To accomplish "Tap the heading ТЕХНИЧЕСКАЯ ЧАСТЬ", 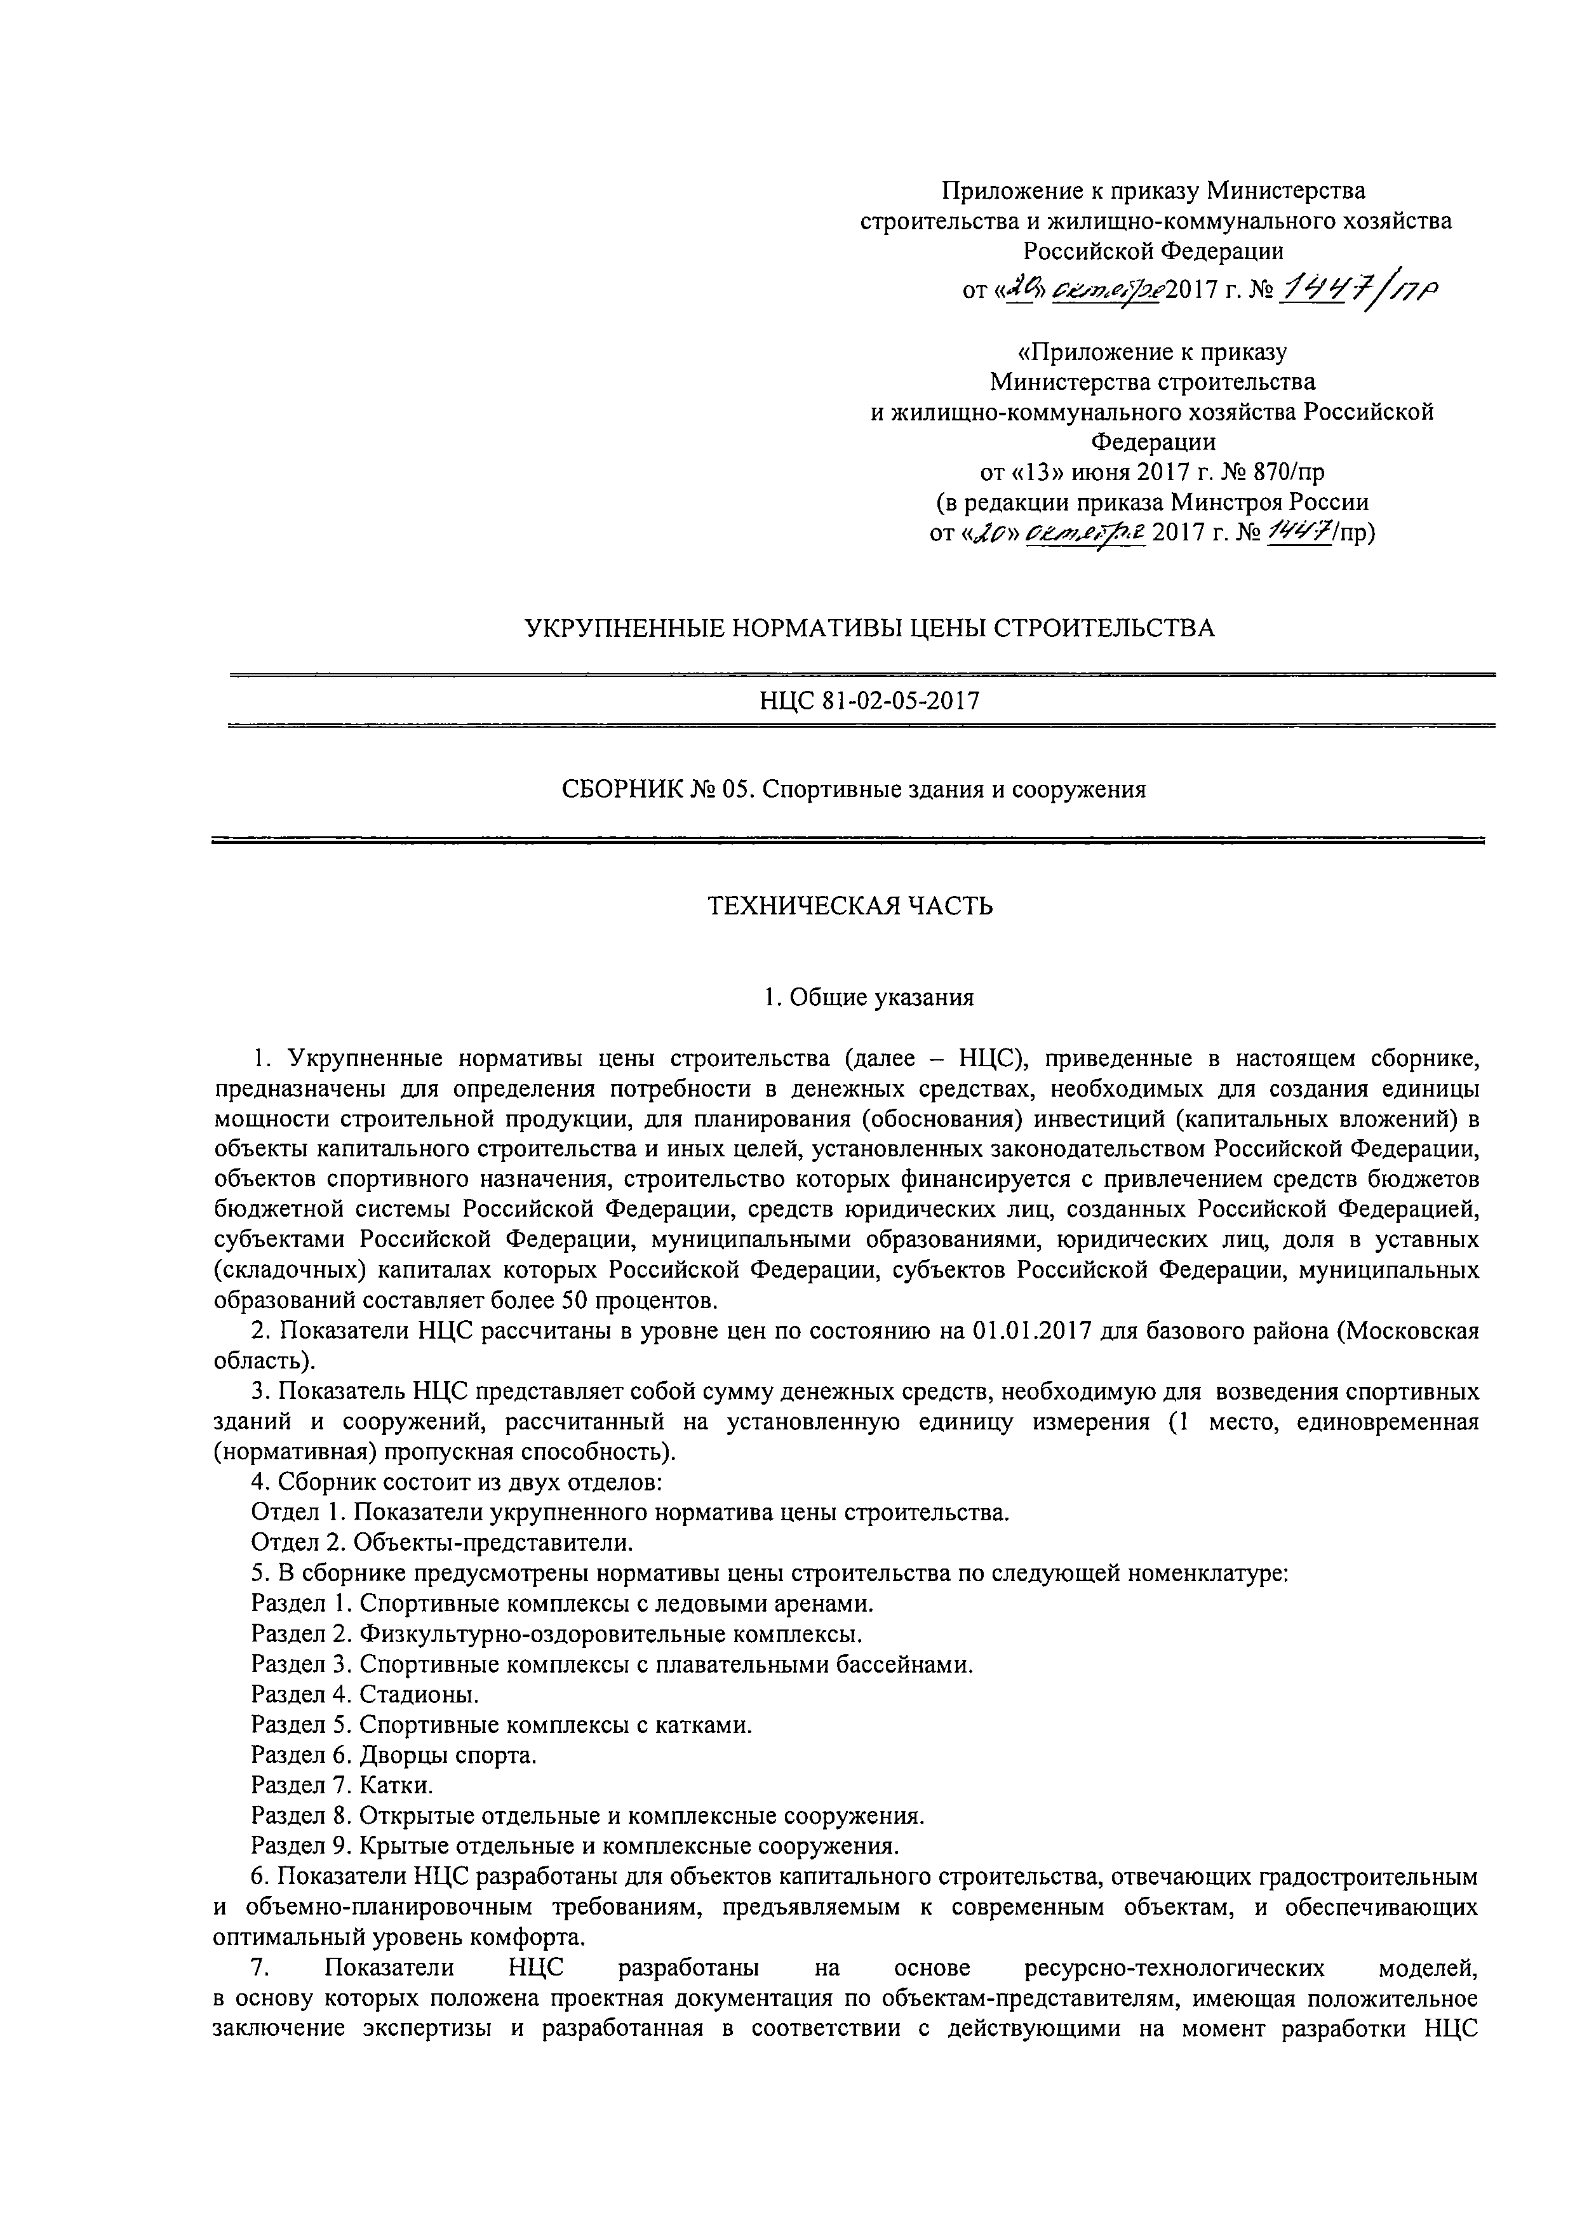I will coord(850,906).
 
